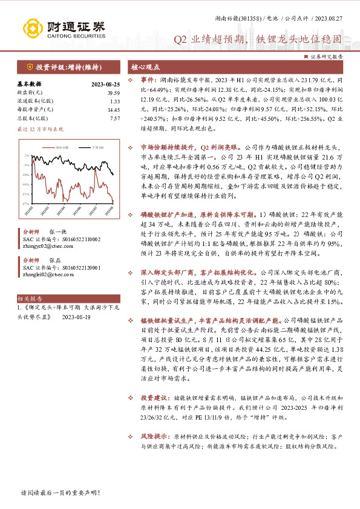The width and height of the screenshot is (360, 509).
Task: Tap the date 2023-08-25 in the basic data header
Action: [105, 84]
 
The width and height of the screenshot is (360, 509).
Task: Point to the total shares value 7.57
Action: [114, 118]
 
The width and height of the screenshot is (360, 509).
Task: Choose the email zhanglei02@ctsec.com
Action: [44, 274]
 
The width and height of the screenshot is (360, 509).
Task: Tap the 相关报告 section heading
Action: [30, 299]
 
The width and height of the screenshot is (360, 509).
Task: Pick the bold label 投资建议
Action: [151, 398]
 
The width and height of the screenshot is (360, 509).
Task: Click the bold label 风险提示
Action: [151, 435]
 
